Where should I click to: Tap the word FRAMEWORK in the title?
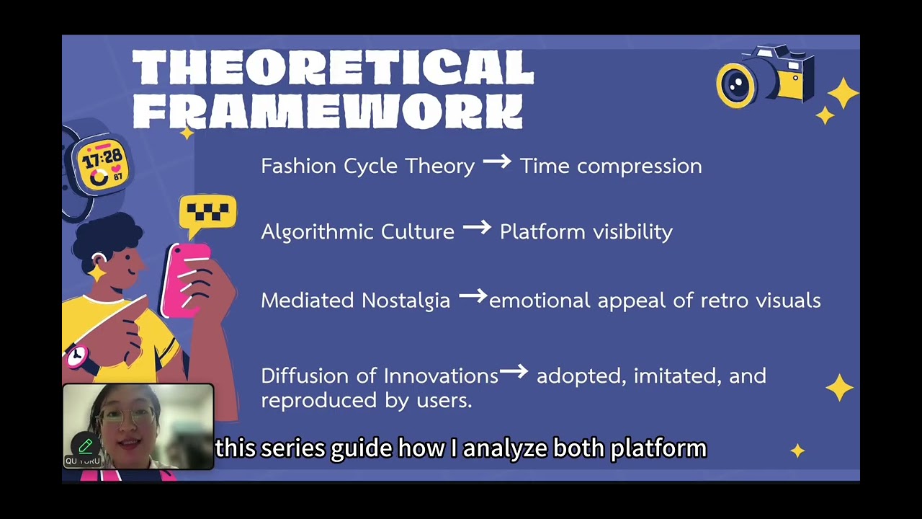click(328, 112)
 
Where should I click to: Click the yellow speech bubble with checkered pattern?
click(207, 213)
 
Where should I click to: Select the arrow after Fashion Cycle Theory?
click(497, 163)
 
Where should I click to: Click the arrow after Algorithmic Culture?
click(477, 229)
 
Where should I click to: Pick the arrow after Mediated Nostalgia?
click(473, 296)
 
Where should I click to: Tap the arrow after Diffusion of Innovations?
click(514, 372)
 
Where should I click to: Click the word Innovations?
click(441, 376)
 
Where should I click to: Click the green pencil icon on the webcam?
click(85, 447)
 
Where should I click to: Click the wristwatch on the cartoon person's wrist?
click(76, 355)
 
